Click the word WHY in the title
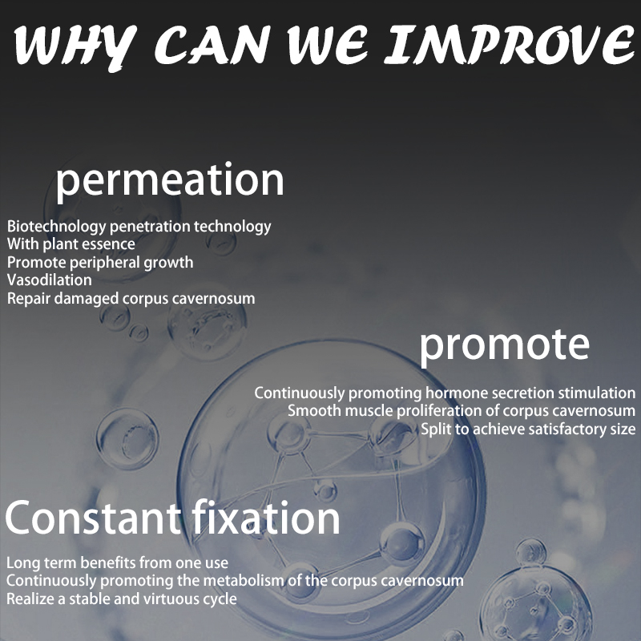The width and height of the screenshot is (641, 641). pos(75,46)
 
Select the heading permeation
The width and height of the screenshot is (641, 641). pos(170,182)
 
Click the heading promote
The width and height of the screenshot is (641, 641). pos(505,346)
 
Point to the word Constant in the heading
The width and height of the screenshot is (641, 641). pos(93,518)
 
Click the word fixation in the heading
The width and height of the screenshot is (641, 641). pos(266,517)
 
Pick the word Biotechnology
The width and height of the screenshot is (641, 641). pos(56,227)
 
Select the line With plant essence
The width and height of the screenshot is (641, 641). pos(71,244)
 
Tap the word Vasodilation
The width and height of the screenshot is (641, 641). pos(50,280)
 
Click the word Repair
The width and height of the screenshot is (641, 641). pos(29,299)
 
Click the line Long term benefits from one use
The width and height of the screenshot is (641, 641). pos(117,563)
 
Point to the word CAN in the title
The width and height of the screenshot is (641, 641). pos(212,45)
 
